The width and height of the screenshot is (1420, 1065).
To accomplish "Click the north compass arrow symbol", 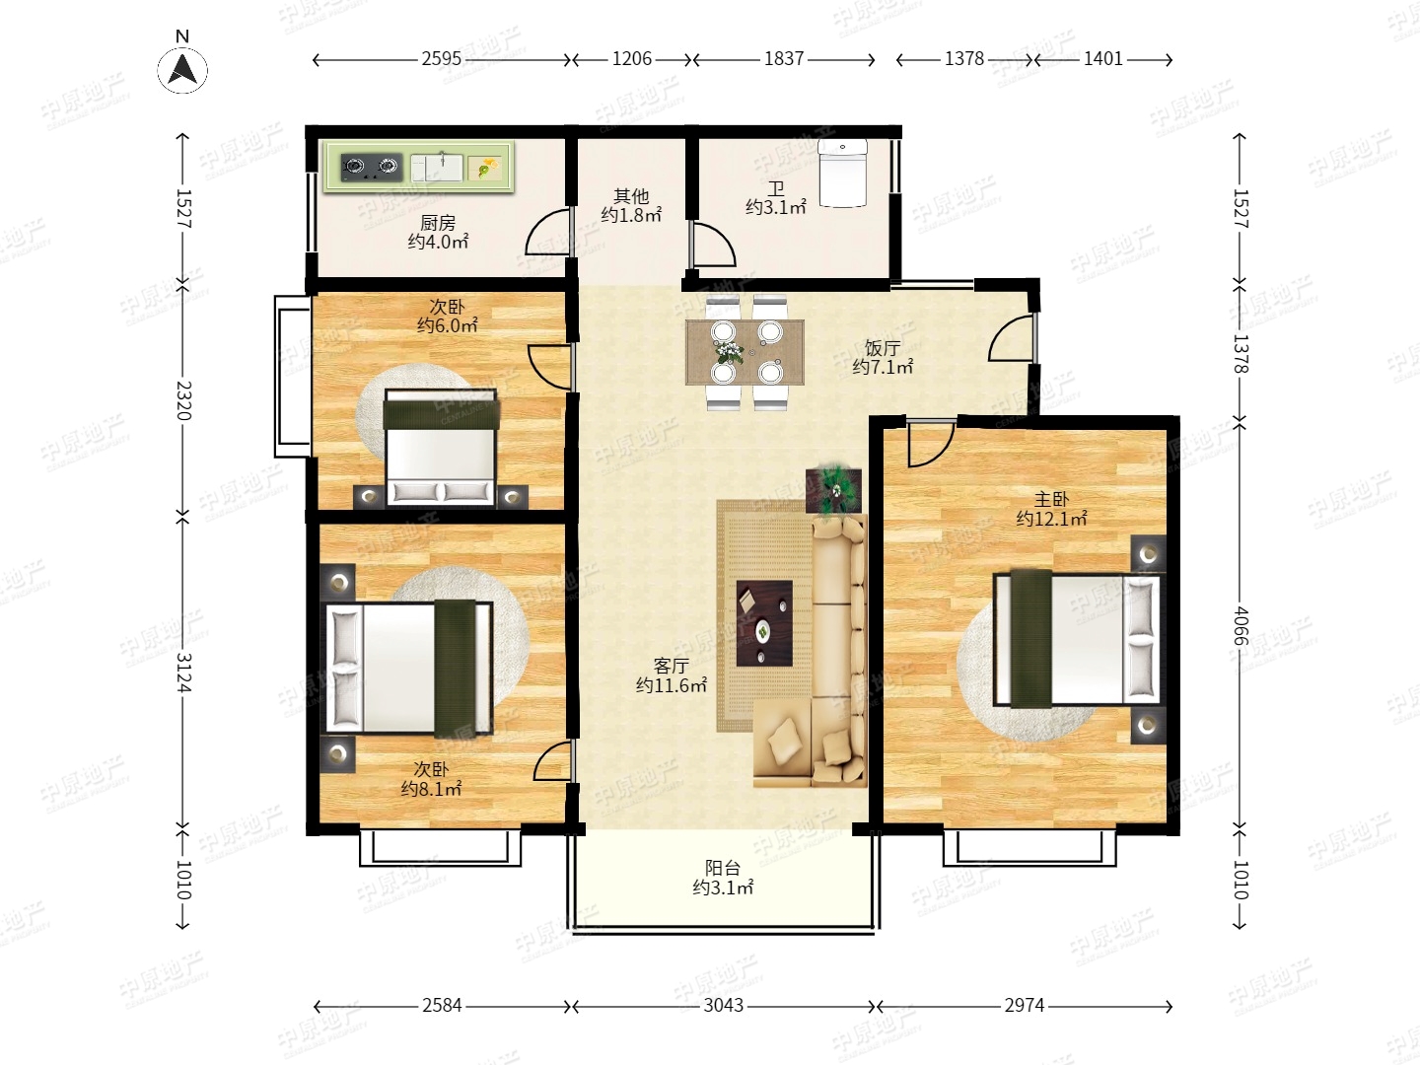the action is pyautogui.click(x=182, y=69).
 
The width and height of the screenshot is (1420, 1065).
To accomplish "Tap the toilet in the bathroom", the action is pyautogui.click(x=842, y=174).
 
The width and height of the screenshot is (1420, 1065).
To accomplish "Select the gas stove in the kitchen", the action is pyautogui.click(x=371, y=167).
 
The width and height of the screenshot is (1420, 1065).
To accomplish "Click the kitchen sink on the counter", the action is pyautogui.click(x=437, y=167).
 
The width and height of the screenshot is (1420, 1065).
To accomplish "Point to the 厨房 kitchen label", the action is pyautogui.click(x=438, y=223).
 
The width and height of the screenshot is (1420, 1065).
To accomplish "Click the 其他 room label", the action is pyautogui.click(x=631, y=196).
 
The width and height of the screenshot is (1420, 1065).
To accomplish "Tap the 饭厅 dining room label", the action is pyautogui.click(x=883, y=348).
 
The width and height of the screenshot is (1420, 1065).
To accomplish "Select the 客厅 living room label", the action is pyautogui.click(x=671, y=666).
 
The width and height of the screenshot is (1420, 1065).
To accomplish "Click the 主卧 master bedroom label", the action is pyautogui.click(x=1051, y=499).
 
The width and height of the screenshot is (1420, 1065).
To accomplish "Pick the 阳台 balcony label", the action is pyautogui.click(x=723, y=868).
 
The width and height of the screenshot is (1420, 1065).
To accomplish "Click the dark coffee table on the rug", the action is pyautogui.click(x=764, y=622).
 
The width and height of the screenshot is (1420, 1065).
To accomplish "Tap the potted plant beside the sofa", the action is pyautogui.click(x=834, y=489).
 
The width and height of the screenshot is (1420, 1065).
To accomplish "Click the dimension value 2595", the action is pyautogui.click(x=441, y=59).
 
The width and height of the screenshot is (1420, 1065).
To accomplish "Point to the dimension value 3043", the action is pyautogui.click(x=723, y=1006).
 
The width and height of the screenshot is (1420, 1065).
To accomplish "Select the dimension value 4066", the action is pyautogui.click(x=1240, y=625).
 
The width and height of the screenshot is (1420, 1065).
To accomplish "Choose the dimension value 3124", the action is pyautogui.click(x=183, y=673).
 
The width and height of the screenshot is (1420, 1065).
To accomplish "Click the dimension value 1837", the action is pyautogui.click(x=784, y=59).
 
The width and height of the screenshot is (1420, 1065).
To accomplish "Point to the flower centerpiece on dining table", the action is pyautogui.click(x=729, y=352).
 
